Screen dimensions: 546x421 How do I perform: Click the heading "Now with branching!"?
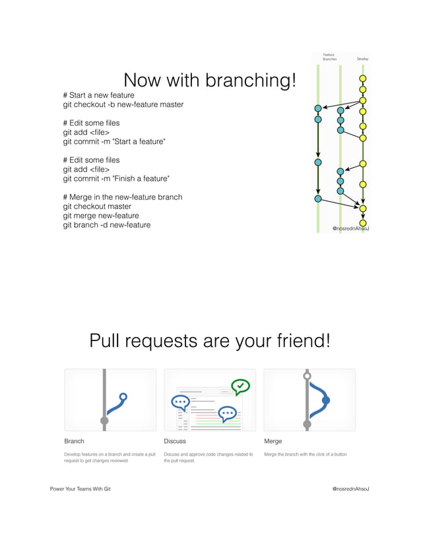tap(210, 81)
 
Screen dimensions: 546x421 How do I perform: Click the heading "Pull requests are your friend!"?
tap(210, 341)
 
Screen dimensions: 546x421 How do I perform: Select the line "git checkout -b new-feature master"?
tap(123, 104)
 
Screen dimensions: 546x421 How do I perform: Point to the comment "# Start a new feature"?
tap(98, 95)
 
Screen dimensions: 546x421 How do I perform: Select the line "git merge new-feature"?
tap(101, 215)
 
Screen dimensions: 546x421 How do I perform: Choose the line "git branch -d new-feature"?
tap(106, 225)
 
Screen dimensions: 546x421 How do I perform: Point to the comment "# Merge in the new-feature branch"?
tap(122, 197)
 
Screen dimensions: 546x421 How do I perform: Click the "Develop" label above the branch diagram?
tap(362, 59)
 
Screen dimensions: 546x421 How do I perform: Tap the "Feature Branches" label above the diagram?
tap(329, 57)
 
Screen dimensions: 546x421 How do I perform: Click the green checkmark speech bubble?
tap(240, 386)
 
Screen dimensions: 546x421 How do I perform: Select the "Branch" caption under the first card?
tap(74, 441)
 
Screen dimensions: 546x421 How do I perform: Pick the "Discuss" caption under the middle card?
tap(175, 441)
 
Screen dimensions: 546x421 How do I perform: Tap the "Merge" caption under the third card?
tap(273, 441)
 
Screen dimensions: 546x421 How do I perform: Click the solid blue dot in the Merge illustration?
tap(325, 400)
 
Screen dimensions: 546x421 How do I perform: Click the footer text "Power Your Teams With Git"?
tap(81, 488)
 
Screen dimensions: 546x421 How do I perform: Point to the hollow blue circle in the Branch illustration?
tap(123, 397)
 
